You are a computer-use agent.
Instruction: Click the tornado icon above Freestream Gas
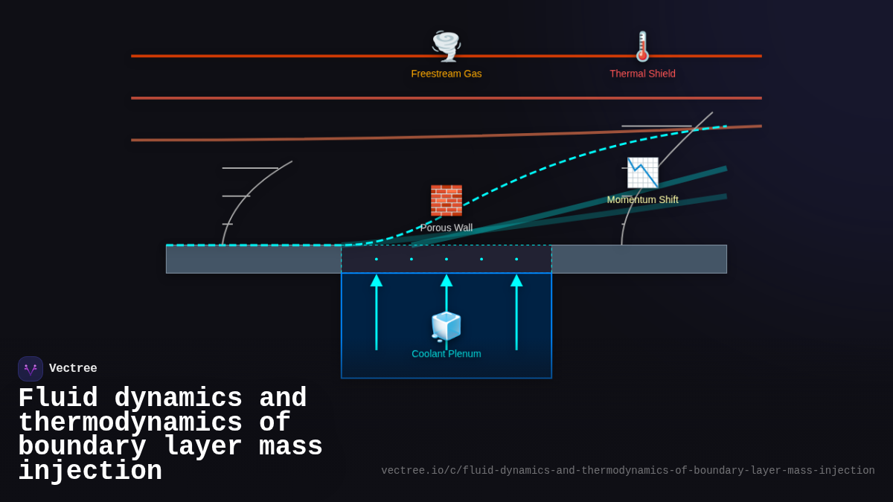[x=446, y=46]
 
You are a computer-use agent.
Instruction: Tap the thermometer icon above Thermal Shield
[x=642, y=46]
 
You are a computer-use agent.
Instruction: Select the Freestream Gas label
[x=446, y=74]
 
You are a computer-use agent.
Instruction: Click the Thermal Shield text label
[x=642, y=74]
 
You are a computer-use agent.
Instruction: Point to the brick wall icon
[x=446, y=200]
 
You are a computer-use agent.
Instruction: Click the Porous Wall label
[x=446, y=228]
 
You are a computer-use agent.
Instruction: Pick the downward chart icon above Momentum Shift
[x=642, y=173]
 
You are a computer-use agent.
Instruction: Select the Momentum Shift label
[x=642, y=199]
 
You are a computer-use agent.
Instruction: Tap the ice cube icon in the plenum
[x=446, y=326]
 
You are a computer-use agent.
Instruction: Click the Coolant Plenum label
[x=446, y=354]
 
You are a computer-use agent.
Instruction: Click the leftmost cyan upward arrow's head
[x=377, y=280]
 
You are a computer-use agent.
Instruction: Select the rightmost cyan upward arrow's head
[x=516, y=280]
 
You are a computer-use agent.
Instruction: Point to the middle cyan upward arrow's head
[x=446, y=280]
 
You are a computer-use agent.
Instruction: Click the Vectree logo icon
[x=31, y=369]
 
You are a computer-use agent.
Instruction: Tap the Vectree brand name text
[x=73, y=369]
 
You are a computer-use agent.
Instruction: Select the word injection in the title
[x=90, y=472]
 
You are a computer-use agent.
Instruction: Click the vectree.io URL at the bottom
[x=627, y=471]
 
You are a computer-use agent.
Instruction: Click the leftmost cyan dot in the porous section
[x=377, y=259]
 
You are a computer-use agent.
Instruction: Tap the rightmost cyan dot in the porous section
[x=516, y=259]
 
